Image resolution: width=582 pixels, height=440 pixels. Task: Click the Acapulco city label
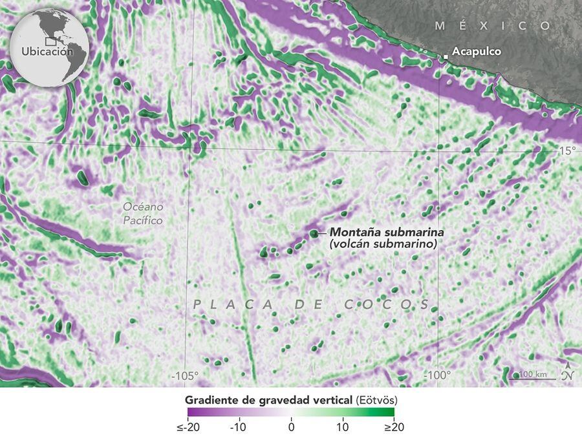pos(476,52)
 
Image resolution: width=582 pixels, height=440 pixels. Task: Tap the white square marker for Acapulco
pos(446,58)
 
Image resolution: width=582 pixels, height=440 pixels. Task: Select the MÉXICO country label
pos(493,26)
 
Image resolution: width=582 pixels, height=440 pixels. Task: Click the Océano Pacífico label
pos(144,214)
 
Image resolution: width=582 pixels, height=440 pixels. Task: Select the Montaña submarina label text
pos(380,232)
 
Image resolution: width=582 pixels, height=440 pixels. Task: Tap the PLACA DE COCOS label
pos(311,304)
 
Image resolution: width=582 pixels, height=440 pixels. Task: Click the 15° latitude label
pos(566,151)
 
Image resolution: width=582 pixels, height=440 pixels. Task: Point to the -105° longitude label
pos(184,375)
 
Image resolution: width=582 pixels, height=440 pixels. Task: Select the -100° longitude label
pos(438,375)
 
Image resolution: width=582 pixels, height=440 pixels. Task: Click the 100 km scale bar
pos(532,377)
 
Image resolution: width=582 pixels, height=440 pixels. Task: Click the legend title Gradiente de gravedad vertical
pos(268,400)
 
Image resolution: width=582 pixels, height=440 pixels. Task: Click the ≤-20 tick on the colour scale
pos(188,428)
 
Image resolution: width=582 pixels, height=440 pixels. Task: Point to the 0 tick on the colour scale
pos(291,428)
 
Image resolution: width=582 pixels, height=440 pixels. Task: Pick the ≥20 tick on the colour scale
pos(393,428)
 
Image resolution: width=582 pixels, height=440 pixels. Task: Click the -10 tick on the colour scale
pos(239,428)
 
